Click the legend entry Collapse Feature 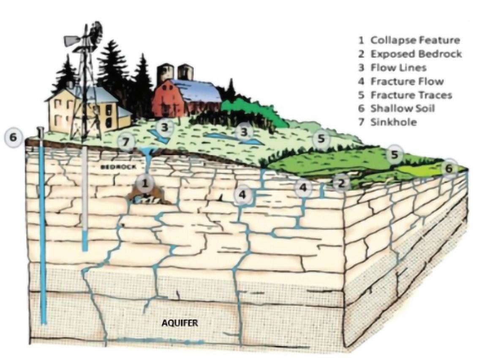coord(415,41)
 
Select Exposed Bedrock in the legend coord(416,54)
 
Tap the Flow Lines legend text coord(398,68)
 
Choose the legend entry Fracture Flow coord(407,81)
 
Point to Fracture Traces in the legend coord(411,95)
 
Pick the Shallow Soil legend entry coord(402,108)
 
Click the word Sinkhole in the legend coord(393,122)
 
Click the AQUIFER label coord(180,323)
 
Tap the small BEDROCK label coord(119,167)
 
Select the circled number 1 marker coord(145,184)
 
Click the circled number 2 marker coord(341,183)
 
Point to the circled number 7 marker coord(125,142)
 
